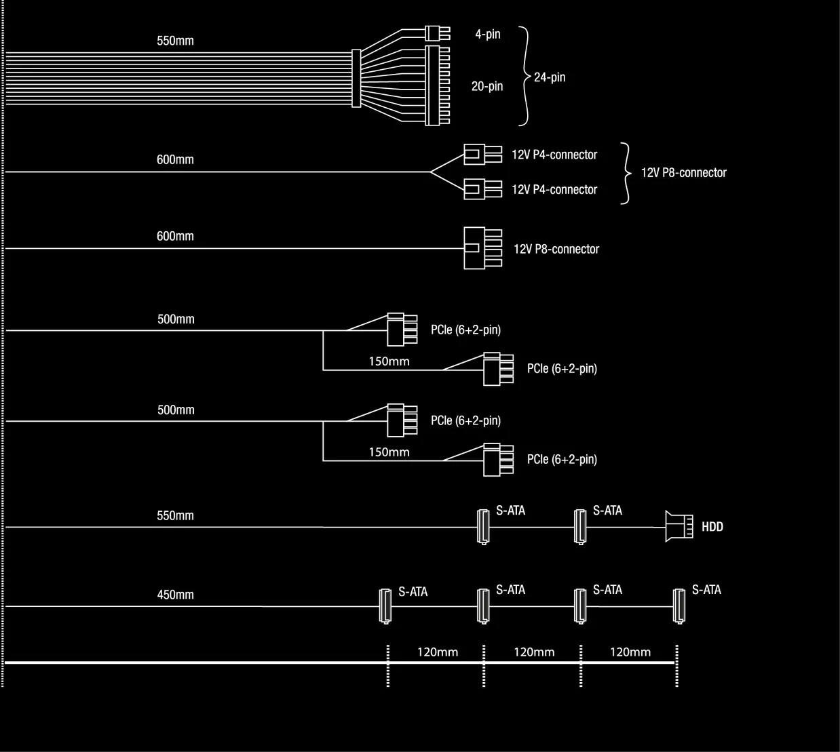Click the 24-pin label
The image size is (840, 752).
point(549,77)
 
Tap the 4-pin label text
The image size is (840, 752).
point(487,34)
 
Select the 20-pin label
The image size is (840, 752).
point(487,86)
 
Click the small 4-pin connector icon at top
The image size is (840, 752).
point(436,33)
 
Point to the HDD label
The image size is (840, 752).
point(712,527)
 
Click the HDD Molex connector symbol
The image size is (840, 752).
point(679,526)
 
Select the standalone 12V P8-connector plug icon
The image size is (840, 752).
point(482,248)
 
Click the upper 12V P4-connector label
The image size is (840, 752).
point(554,155)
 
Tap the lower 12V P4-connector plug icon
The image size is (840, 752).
point(482,189)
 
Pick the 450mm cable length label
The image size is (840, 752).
point(175,595)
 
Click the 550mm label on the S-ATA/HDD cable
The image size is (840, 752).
point(175,515)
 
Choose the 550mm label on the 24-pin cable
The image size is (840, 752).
point(175,41)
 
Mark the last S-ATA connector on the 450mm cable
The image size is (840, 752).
point(678,606)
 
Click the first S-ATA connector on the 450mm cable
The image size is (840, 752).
point(384,606)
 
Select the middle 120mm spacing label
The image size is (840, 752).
point(533,652)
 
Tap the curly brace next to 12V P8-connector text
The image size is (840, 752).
point(625,173)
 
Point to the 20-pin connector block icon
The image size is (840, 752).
point(438,85)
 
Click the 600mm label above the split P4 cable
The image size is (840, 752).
point(175,160)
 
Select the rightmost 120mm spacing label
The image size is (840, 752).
point(630,652)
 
